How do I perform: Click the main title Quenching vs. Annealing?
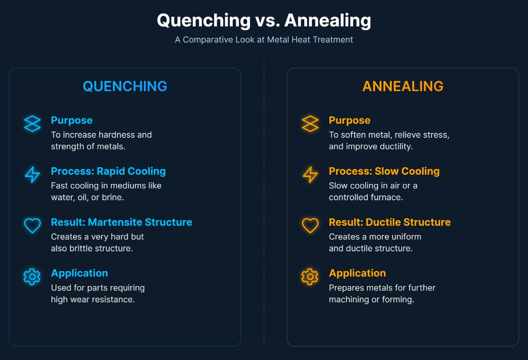[x=264, y=21]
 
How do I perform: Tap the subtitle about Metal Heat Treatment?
[x=264, y=40]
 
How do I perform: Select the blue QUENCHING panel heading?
[x=125, y=86]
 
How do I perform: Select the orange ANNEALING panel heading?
[x=403, y=86]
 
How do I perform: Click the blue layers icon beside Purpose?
[x=32, y=124]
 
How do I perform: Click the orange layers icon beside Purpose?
[x=310, y=124]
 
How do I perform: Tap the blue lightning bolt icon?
[x=32, y=175]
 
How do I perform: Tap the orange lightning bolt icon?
[x=310, y=175]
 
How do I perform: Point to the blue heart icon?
[x=32, y=226]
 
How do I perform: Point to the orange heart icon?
[x=310, y=226]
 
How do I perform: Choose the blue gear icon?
[x=32, y=276]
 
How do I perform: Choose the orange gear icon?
[x=310, y=276]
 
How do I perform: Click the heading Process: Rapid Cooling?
[x=108, y=171]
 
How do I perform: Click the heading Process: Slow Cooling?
[x=384, y=171]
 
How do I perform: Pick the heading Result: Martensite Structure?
[x=121, y=222]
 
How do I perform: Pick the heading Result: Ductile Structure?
[x=389, y=222]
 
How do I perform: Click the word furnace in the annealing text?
[x=387, y=198]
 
